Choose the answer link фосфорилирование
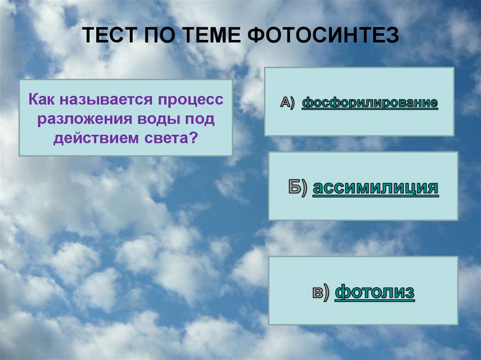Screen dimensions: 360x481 (370, 102)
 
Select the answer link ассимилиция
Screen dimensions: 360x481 (375, 188)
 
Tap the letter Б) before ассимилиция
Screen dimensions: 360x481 (298, 188)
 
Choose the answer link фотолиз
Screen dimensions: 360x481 (375, 292)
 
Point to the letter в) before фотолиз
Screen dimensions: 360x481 (322, 293)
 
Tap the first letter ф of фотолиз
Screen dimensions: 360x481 (342, 292)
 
